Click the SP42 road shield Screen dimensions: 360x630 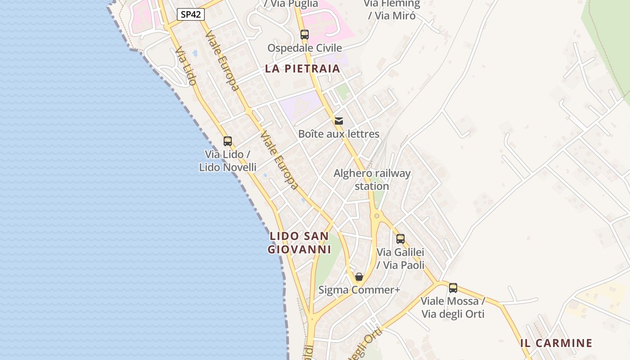(190, 14)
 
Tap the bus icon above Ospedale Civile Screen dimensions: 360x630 (305, 34)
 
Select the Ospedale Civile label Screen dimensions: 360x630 (305, 48)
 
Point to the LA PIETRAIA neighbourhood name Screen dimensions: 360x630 (302, 68)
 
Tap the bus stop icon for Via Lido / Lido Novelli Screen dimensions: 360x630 (228, 141)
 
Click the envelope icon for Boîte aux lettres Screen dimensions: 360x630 (339, 121)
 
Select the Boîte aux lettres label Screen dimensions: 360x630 (339, 134)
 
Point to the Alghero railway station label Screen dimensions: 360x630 (372, 180)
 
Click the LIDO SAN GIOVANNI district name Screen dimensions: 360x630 (299, 243)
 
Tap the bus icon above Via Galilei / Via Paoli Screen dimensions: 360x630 (400, 239)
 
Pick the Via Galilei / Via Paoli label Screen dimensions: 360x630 (400, 259)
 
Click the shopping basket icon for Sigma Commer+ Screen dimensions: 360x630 (359, 277)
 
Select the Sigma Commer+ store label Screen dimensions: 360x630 (359, 290)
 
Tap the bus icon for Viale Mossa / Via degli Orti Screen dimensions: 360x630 (453, 288)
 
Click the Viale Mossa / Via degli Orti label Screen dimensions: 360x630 (453, 307)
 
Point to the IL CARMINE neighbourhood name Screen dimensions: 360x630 (556, 343)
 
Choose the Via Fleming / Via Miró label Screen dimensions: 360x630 (391, 9)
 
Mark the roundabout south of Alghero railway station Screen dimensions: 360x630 (376, 216)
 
